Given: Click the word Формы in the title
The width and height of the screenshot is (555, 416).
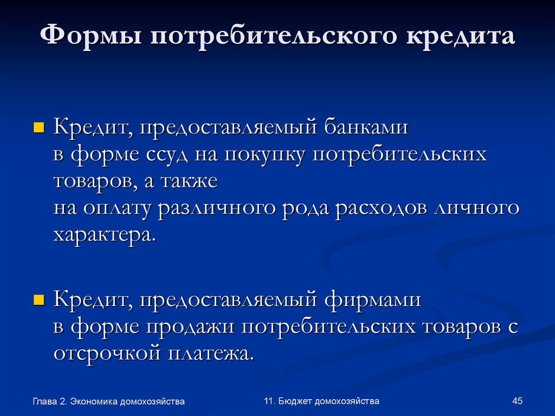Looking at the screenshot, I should click(92, 39).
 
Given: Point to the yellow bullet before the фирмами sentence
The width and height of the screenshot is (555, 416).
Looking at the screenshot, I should click(38, 299).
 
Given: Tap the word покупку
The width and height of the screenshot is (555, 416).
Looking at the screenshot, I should click(264, 155).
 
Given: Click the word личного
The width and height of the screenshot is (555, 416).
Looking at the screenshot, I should click(477, 209).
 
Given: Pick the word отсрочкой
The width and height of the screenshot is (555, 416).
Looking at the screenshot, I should click(107, 354).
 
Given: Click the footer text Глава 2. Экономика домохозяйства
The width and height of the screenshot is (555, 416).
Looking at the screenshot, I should click(108, 401).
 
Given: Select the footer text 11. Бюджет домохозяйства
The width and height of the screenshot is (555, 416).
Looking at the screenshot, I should click(321, 401).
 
